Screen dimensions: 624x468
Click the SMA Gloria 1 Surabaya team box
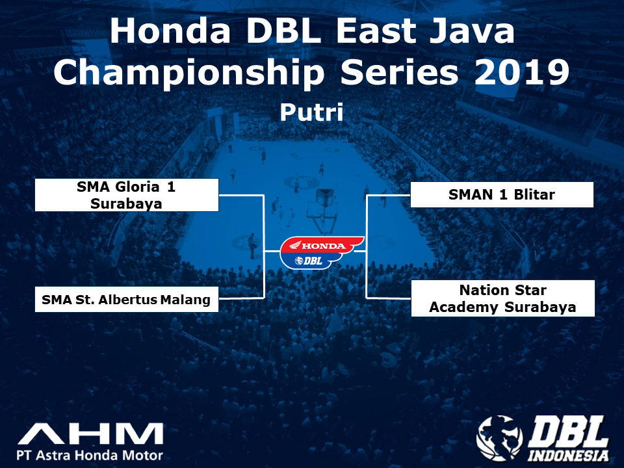click(127, 195)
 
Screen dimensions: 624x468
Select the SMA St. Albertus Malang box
click(127, 299)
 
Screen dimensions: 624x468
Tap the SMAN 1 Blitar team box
click(502, 194)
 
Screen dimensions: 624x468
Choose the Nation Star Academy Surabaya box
click(502, 298)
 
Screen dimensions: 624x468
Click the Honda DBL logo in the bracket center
click(322, 252)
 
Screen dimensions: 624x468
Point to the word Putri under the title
click(311, 112)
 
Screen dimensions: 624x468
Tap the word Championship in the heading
click(189, 73)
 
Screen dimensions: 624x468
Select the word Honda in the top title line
click(170, 31)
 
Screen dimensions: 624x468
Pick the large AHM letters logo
click(90, 434)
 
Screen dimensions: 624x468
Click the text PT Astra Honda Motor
click(90, 455)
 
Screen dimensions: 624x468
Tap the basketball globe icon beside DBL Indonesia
click(500, 438)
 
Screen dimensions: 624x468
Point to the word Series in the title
click(399, 72)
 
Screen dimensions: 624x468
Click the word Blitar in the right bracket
click(534, 194)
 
